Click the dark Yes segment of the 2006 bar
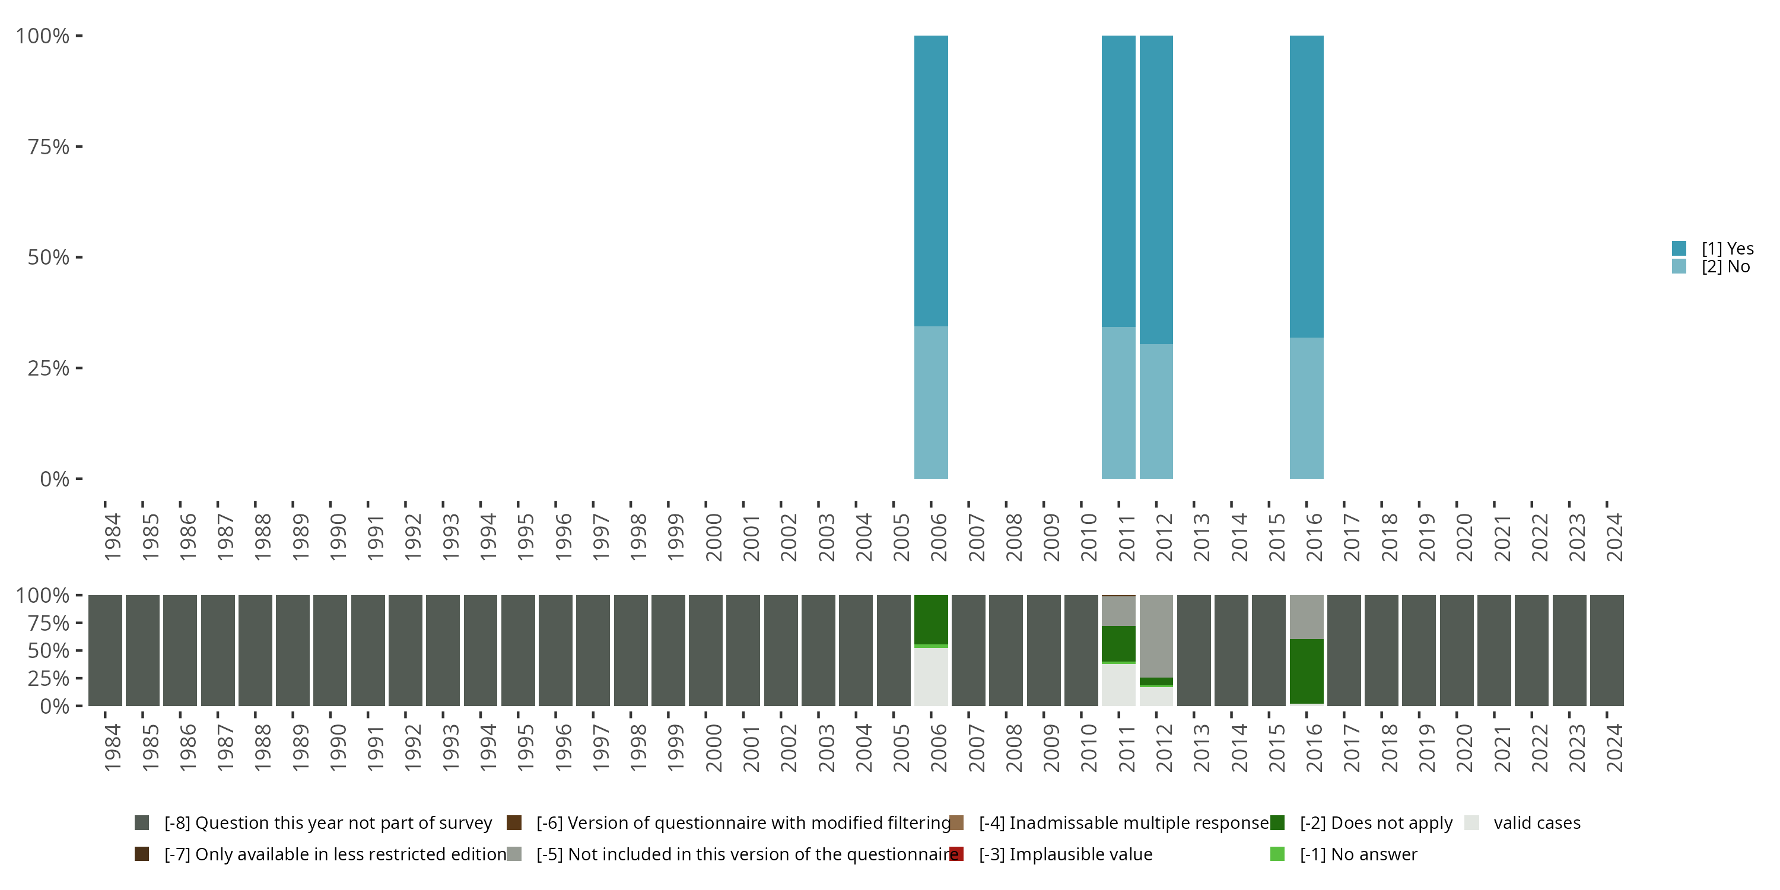pos(931,180)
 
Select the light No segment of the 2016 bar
pos(1306,408)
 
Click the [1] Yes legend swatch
pos(1679,248)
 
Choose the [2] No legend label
pos(1725,267)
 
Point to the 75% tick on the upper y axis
pos(79,147)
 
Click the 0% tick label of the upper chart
pos(55,479)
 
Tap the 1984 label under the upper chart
pos(113,537)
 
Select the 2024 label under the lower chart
pos(1614,748)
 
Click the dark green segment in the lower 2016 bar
pos(1306,671)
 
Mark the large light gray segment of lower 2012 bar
pos(1156,635)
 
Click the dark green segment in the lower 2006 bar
pos(931,619)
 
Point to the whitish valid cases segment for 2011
pos(1118,685)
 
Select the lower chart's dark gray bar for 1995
pos(518,650)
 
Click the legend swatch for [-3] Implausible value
pos(956,854)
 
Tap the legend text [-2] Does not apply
pos(1376,823)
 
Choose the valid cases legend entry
pos(1536,823)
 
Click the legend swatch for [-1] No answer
pos(1277,854)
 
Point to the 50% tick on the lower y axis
pos(79,650)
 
